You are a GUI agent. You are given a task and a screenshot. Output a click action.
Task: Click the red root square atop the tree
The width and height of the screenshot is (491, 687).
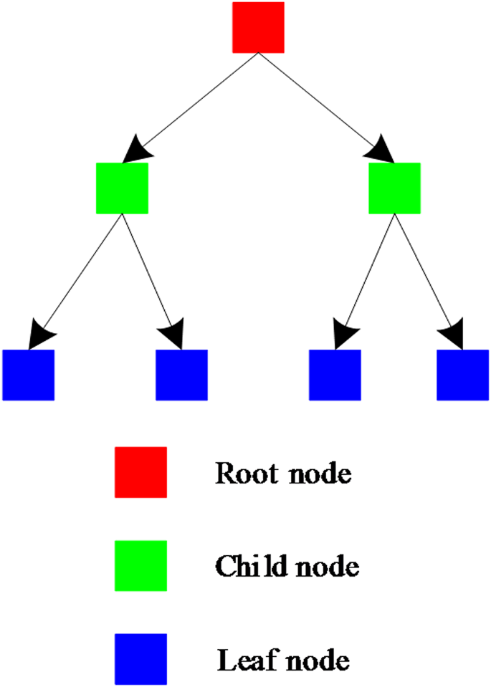[258, 27]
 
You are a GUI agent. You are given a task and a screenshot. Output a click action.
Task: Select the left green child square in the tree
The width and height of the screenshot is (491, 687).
[122, 188]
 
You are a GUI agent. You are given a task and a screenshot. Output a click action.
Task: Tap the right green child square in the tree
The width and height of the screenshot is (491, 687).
[394, 188]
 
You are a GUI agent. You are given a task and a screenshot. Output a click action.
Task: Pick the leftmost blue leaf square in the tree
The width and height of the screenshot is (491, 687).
[28, 375]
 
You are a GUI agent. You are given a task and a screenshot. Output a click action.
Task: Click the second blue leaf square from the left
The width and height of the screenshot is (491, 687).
[181, 375]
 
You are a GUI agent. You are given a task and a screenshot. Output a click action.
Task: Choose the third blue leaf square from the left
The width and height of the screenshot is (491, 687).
[335, 375]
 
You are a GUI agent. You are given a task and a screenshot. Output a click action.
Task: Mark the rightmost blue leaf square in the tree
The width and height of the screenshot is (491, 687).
[462, 375]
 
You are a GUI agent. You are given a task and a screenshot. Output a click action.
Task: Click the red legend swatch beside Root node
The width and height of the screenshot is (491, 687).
[140, 472]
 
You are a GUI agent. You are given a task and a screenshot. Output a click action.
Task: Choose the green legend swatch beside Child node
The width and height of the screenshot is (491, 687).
[140, 565]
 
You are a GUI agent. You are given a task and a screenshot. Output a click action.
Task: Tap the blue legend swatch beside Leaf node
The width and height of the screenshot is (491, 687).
[140, 658]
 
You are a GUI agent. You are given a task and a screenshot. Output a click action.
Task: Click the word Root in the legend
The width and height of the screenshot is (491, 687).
[242, 474]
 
